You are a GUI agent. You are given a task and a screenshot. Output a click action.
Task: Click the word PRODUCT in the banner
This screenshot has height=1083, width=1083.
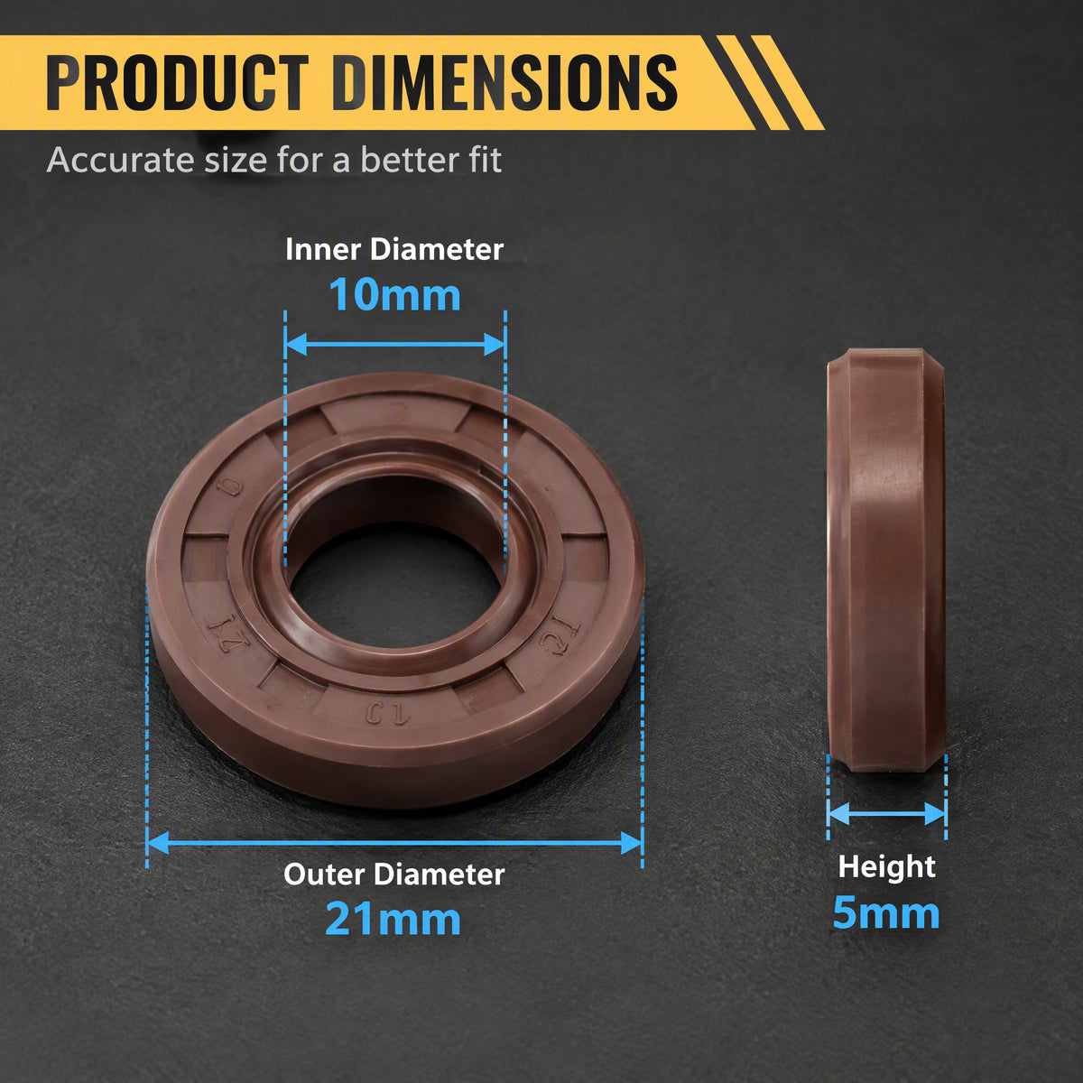[x=178, y=83]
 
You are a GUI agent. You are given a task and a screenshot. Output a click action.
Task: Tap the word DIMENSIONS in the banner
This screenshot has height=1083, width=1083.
[x=504, y=83]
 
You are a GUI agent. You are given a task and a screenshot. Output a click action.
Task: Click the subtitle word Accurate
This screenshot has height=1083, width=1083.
[x=122, y=160]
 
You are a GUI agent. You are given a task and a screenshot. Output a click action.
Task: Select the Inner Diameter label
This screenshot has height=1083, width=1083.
[x=394, y=249]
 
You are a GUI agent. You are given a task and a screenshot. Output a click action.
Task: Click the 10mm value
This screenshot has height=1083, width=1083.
[x=394, y=294]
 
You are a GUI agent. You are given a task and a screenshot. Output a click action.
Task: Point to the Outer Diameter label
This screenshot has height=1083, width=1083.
[x=394, y=875]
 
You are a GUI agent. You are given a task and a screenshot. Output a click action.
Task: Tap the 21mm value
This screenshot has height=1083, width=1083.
[x=393, y=920]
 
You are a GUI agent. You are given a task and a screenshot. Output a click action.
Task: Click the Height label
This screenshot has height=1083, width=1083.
[x=887, y=866]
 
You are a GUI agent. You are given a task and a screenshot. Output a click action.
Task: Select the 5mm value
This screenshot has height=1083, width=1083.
[x=886, y=912]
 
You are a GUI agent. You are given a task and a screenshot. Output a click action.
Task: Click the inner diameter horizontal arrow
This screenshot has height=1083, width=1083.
[x=395, y=344]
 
